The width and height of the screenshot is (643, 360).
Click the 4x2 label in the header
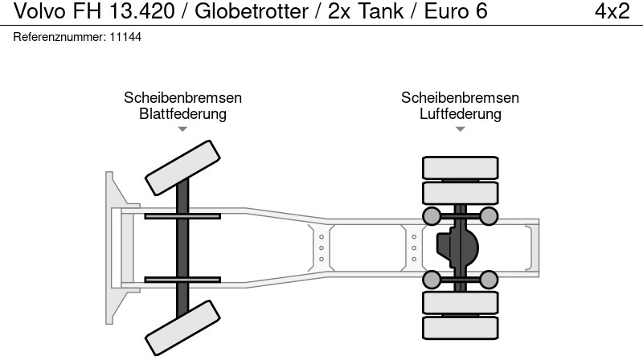[x=612, y=11]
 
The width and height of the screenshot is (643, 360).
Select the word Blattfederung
[x=182, y=113]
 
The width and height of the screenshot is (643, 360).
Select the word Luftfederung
[x=460, y=113]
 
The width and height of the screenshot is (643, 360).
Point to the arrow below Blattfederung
[x=182, y=129]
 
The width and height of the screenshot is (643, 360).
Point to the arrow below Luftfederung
[x=460, y=129]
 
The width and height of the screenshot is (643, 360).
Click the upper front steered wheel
[x=182, y=166]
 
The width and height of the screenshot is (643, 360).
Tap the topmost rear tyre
[x=460, y=167]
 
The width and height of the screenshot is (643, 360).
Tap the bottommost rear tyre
[x=460, y=326]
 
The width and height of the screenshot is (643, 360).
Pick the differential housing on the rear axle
[x=457, y=247]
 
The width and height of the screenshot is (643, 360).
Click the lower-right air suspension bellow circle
[x=489, y=279]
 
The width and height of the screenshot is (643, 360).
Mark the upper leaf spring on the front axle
[x=182, y=215]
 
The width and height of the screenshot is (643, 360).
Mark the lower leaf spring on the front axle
[x=182, y=279]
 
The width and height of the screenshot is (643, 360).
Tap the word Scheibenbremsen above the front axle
[x=182, y=97]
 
